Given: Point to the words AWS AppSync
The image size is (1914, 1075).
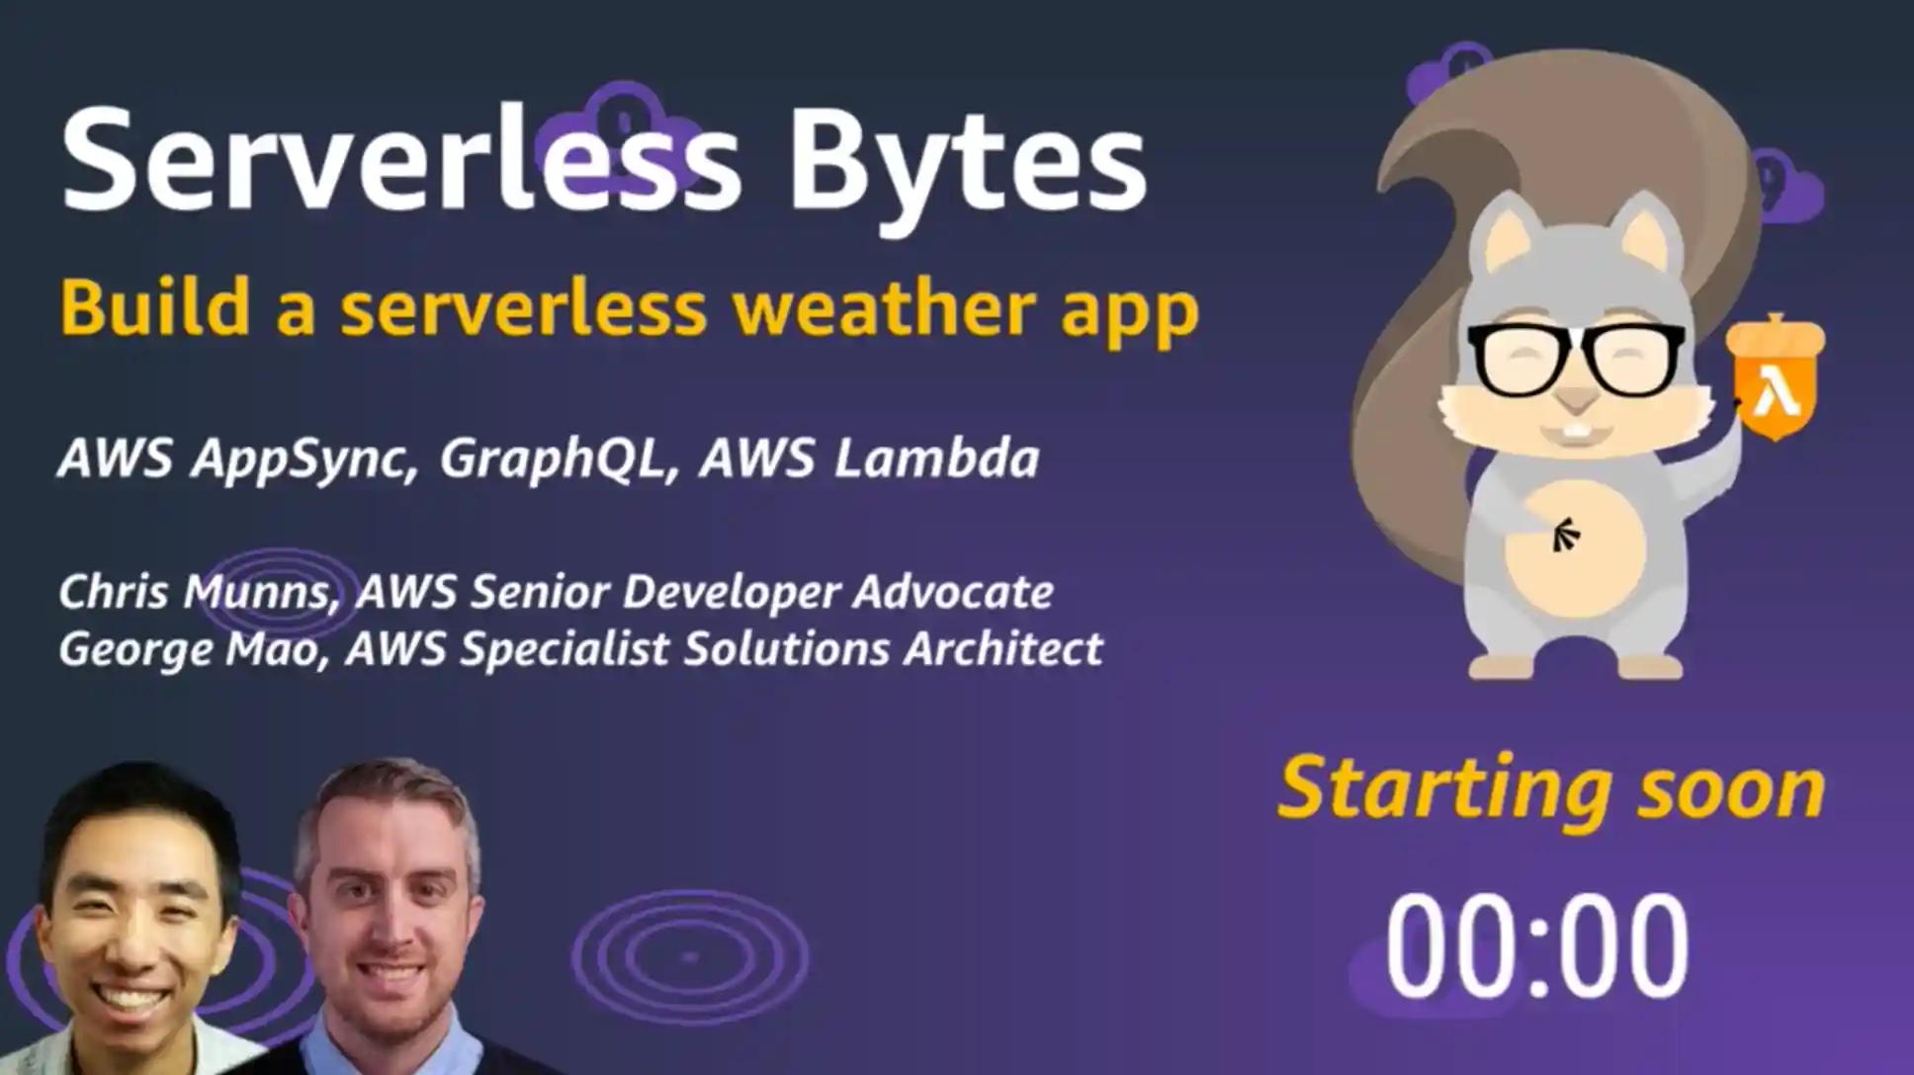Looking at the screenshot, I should pos(232,458).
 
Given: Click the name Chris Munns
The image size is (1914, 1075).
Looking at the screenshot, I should pos(194,593).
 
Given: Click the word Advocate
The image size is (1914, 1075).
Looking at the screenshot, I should pos(952,592).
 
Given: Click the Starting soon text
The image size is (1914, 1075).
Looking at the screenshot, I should pos(1550,789).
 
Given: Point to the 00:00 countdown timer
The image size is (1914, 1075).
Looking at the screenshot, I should pos(1536,946).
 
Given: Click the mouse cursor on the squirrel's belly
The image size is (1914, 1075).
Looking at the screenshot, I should pos(1565,535).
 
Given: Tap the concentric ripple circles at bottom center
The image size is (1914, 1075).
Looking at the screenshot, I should pos(690,956).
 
